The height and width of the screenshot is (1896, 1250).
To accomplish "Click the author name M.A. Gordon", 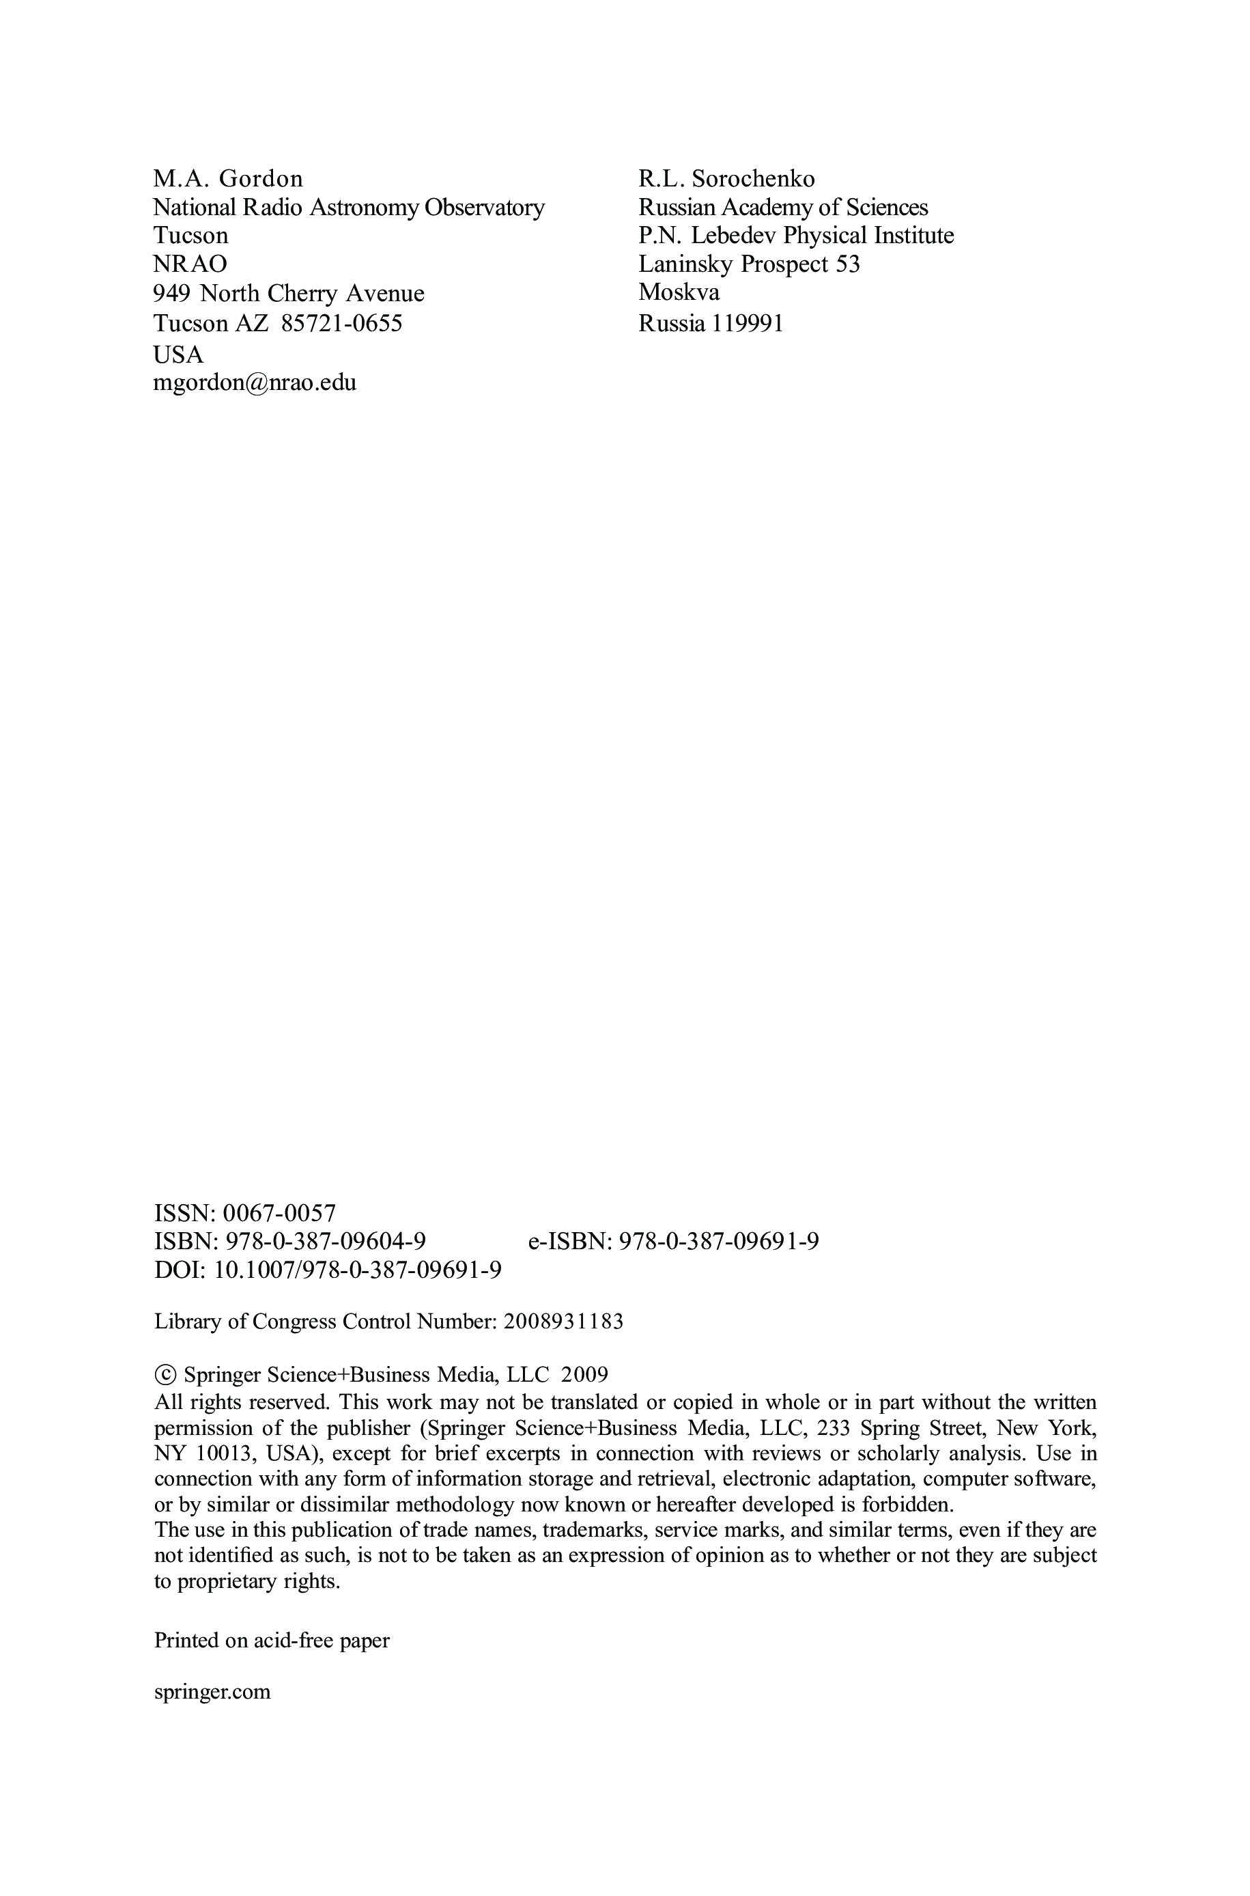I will coord(228,178).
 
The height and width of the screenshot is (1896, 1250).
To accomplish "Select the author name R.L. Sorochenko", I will coord(726,178).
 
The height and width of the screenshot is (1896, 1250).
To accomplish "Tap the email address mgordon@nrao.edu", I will coord(255,382).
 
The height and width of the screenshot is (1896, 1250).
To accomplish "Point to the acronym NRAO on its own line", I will coord(190,263).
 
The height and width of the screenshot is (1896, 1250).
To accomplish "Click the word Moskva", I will coord(679,292).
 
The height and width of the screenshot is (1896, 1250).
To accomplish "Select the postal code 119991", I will coord(746,323).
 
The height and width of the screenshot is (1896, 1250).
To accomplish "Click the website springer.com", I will coord(212,1691).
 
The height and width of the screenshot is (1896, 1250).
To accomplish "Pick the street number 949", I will coord(171,294).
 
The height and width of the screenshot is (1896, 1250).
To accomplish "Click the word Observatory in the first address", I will coord(485,208).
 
